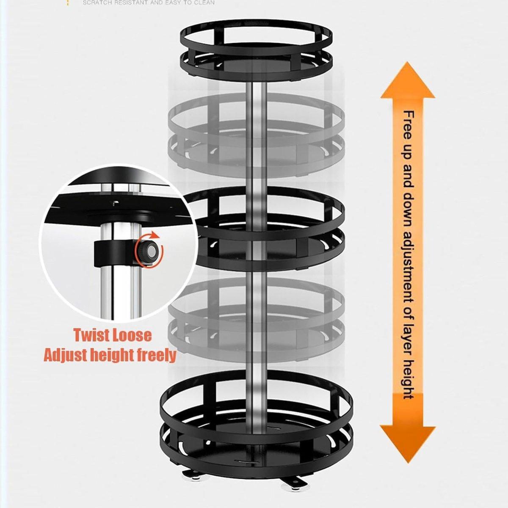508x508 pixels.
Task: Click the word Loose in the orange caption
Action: point(133,335)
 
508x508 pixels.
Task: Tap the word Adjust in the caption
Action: point(64,355)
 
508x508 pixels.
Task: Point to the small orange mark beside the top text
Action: point(68,3)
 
